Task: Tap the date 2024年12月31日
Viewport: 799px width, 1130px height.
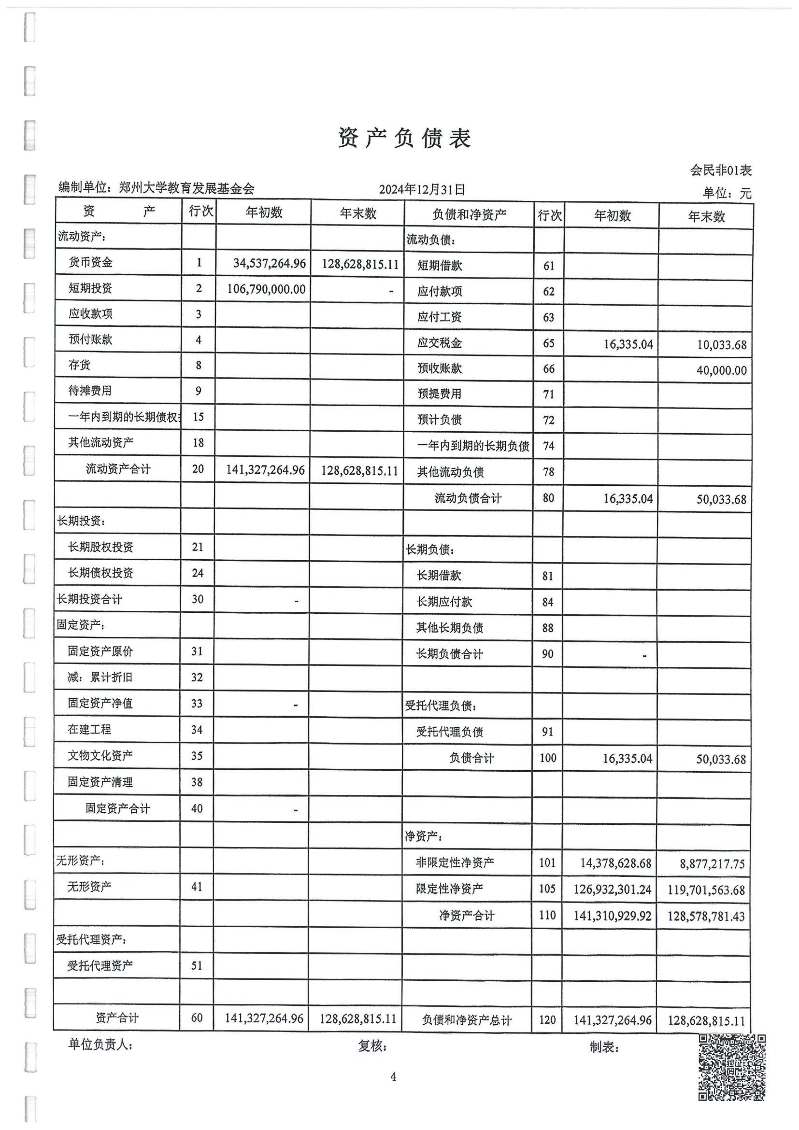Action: tap(422, 189)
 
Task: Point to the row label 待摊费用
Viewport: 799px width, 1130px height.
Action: tap(90, 391)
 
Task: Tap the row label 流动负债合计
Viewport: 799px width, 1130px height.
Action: tap(468, 498)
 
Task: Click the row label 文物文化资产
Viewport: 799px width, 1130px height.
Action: tap(100, 756)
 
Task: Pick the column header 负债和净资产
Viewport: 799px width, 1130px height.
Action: tap(469, 215)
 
